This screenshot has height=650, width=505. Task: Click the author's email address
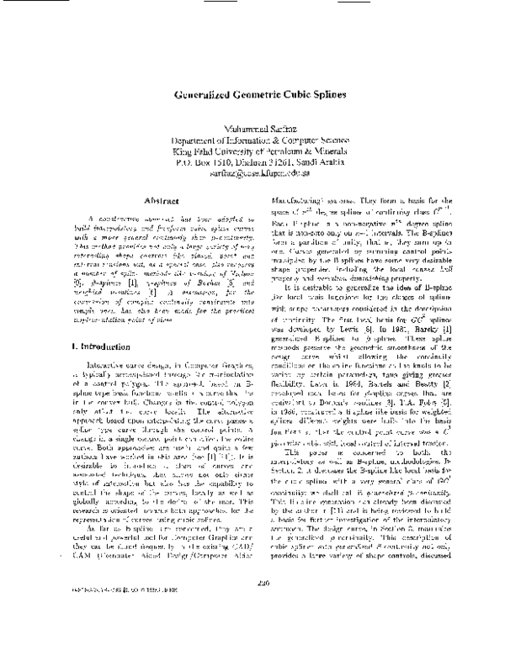(x=253, y=174)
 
